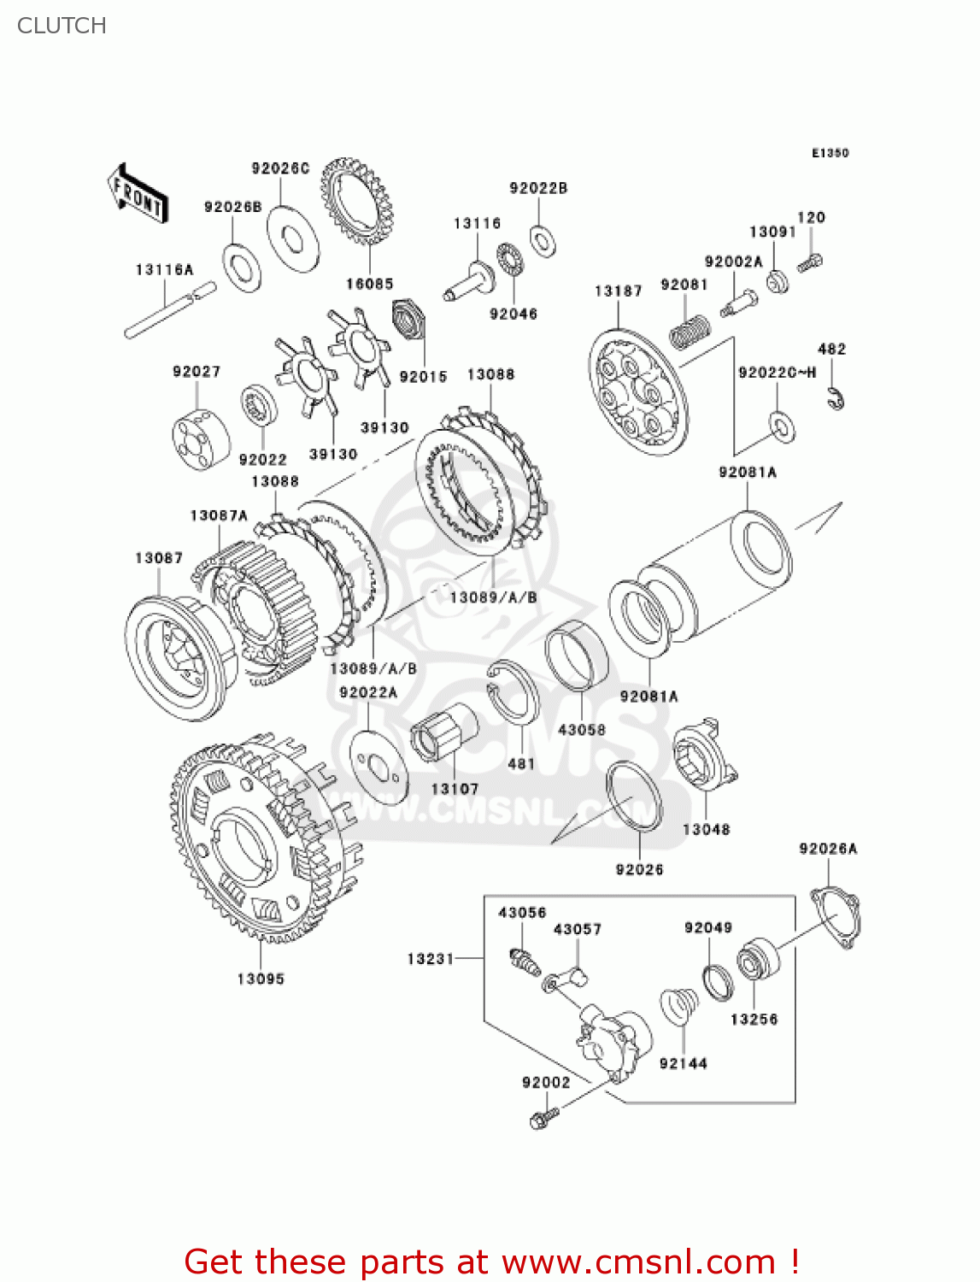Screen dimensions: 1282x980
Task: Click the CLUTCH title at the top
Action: click(x=62, y=26)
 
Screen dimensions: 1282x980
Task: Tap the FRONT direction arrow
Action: click(x=138, y=194)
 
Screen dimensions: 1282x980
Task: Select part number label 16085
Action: click(x=369, y=284)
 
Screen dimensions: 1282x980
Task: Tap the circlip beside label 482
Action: click(x=836, y=397)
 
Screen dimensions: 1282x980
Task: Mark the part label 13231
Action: click(x=431, y=959)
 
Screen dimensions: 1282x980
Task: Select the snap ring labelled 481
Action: click(x=513, y=700)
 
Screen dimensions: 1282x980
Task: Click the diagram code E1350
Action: click(x=830, y=153)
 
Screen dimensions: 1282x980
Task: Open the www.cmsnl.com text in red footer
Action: click(x=638, y=1261)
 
